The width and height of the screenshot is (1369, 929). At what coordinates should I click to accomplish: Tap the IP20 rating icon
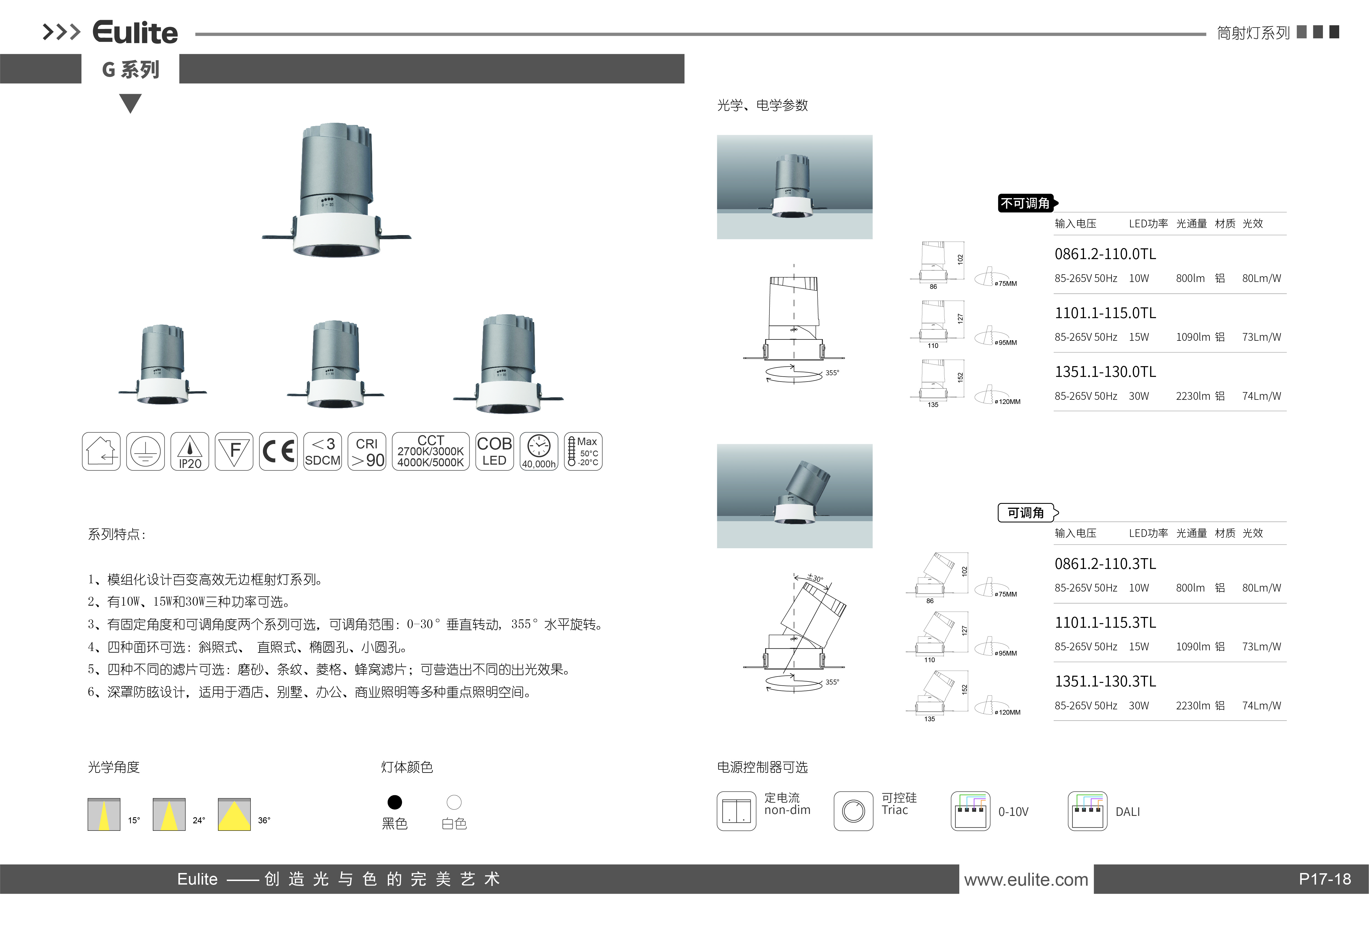[190, 451]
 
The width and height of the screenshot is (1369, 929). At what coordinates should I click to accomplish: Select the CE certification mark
[278, 451]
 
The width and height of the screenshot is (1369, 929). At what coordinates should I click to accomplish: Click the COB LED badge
[494, 451]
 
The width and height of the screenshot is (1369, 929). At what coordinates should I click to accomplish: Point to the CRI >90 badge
[367, 451]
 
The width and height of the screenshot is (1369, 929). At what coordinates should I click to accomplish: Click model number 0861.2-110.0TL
[1105, 254]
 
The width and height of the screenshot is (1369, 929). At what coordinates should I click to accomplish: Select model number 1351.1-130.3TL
[1105, 681]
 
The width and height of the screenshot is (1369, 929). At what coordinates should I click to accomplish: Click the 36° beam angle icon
[235, 814]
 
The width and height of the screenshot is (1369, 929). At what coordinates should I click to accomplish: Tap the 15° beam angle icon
[104, 814]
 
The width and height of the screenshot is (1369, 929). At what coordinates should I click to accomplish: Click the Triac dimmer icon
[853, 811]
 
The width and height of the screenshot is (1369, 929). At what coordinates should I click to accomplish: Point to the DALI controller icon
[1087, 811]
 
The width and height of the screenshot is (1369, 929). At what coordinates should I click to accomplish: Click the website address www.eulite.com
[1026, 880]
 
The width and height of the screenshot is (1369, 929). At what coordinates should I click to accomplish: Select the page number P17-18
[1325, 879]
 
